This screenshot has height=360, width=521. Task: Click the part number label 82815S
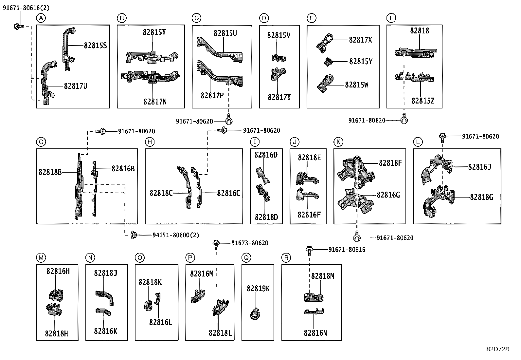(x=95, y=46)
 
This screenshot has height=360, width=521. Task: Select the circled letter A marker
(x=41, y=18)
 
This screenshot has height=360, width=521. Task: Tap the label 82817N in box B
(x=155, y=102)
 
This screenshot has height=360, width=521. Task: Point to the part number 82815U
(x=225, y=33)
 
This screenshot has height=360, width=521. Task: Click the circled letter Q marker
(x=246, y=258)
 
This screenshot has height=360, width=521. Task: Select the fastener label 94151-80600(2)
(x=175, y=235)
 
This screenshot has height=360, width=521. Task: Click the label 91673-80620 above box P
(x=250, y=243)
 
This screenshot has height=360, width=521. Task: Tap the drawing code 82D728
(x=497, y=349)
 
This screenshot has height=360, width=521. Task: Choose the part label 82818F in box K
(x=390, y=163)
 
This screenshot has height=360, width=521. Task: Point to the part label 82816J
(x=479, y=167)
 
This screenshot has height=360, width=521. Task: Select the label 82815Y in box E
(x=361, y=62)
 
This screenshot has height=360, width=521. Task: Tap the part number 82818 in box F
(x=420, y=31)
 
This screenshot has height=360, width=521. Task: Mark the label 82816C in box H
(x=228, y=193)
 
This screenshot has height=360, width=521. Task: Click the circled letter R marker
(x=286, y=258)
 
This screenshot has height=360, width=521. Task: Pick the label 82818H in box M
(x=57, y=333)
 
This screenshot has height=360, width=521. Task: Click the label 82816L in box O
(x=161, y=322)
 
